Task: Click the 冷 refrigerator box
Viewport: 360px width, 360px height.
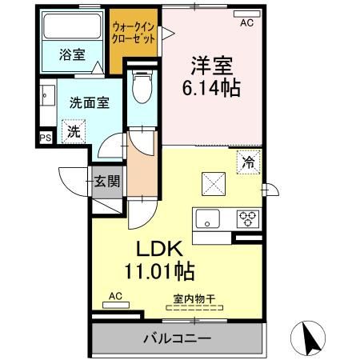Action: tap(249, 161)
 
